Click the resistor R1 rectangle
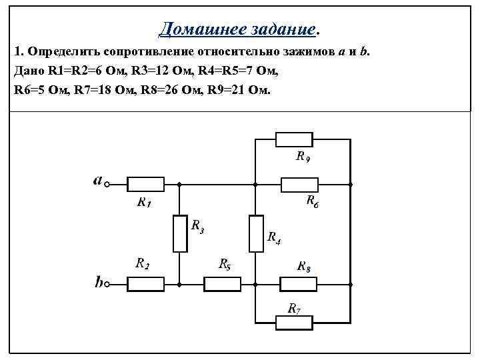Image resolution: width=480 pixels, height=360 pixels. click(x=145, y=184)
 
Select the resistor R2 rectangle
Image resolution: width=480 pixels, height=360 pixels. click(x=145, y=285)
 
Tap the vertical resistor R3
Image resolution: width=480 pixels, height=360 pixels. click(x=179, y=233)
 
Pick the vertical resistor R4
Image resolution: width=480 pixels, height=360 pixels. click(x=255, y=233)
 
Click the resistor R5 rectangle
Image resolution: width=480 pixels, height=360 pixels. click(x=222, y=285)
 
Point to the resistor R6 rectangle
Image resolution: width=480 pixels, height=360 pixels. click(x=299, y=184)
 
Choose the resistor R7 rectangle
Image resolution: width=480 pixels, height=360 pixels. click(x=294, y=323)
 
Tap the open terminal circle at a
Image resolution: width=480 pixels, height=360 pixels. click(x=107, y=184)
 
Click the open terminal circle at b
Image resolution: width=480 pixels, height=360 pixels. click(x=107, y=285)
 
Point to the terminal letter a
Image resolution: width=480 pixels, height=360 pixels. click(x=97, y=180)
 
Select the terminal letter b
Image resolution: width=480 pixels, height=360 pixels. click(x=98, y=283)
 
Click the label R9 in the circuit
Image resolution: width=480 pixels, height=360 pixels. click(x=302, y=157)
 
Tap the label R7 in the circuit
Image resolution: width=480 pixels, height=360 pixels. click(x=294, y=308)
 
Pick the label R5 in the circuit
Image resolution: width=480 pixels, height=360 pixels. click(x=225, y=264)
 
